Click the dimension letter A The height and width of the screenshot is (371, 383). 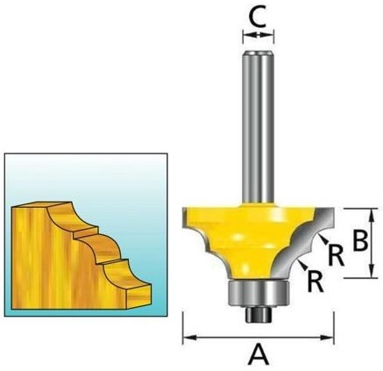click(x=259, y=354)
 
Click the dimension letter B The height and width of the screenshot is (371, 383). click(x=359, y=241)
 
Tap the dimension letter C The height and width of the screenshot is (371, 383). click(x=258, y=18)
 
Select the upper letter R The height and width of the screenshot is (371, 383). click(x=336, y=256)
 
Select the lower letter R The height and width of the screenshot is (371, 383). click(x=316, y=282)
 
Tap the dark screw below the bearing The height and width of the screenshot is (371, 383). click(x=258, y=314)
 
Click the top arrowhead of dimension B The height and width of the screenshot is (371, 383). click(x=372, y=215)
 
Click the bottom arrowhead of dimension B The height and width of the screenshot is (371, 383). click(x=372, y=271)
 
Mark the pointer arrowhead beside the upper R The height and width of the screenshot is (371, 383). click(x=323, y=239)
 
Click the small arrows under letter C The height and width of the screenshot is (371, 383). click(x=259, y=35)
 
